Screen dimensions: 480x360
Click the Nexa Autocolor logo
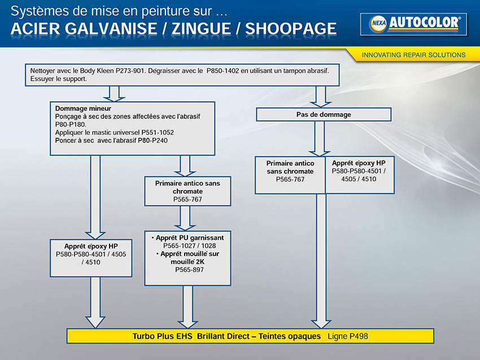point(413,24)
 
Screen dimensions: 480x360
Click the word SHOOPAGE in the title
point(290,29)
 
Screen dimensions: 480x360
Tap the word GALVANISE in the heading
point(111,29)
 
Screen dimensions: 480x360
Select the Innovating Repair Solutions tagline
point(413,55)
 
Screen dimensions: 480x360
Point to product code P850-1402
point(223,71)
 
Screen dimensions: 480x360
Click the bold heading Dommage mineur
point(83,108)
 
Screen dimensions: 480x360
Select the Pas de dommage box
point(324,115)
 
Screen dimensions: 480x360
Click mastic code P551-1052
point(158,133)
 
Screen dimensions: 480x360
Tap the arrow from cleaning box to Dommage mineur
point(114,94)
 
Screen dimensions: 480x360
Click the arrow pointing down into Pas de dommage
point(321,96)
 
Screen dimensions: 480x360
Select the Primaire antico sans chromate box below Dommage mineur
point(187,191)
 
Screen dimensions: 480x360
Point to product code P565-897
point(189,270)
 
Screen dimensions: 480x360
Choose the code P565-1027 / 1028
point(190,245)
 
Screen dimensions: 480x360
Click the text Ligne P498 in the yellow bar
point(348,336)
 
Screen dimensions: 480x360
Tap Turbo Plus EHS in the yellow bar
point(162,336)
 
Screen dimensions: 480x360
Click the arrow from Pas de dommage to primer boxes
point(319,139)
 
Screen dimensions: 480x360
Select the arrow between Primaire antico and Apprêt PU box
point(185,218)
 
